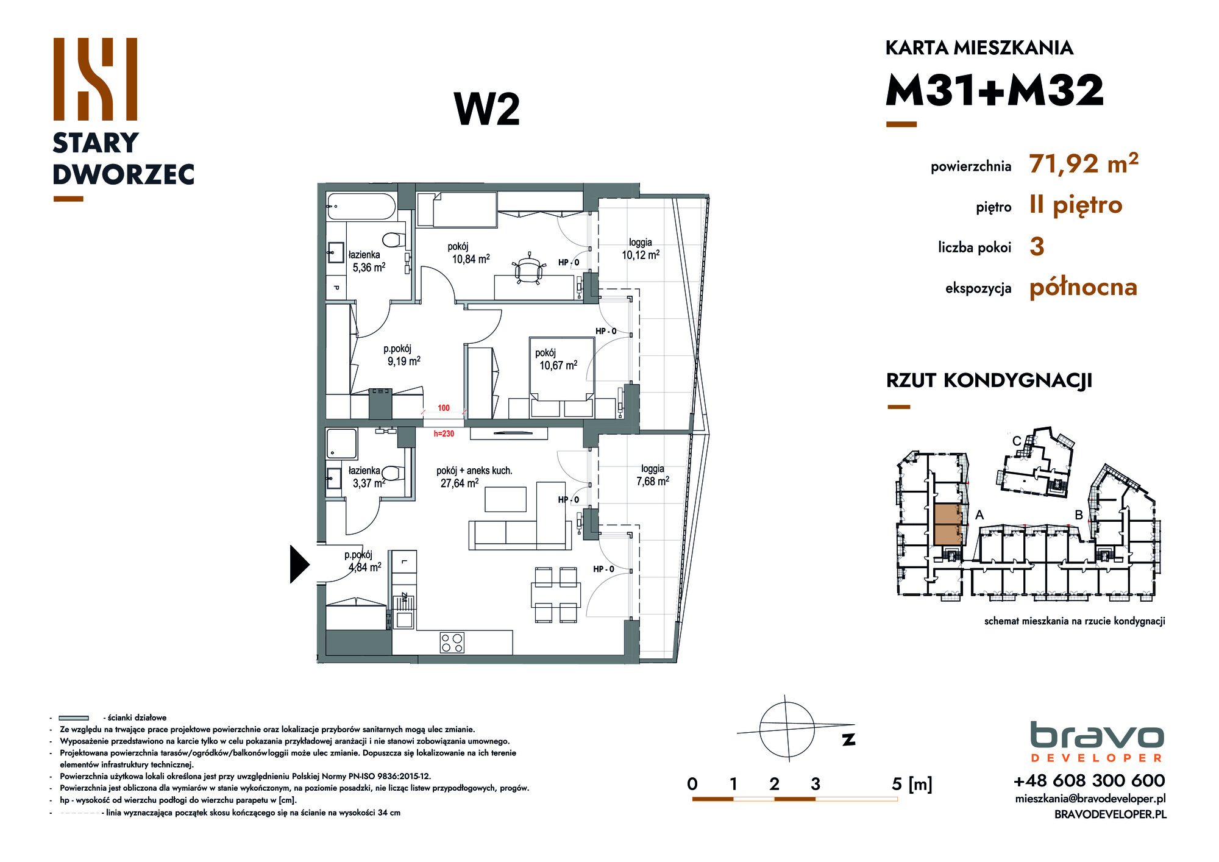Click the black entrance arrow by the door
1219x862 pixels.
(298, 564)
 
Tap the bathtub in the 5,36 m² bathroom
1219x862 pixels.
(361, 206)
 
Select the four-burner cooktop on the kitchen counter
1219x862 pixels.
(452, 643)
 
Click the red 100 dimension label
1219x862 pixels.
(444, 408)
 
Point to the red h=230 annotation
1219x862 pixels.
(444, 434)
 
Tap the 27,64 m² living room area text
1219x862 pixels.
(460, 483)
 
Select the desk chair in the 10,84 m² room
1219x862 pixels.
(528, 269)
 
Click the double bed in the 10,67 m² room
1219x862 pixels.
(561, 377)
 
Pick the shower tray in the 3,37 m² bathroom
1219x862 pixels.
(341, 443)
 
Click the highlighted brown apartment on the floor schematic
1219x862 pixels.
(948, 524)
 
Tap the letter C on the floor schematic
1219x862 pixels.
(1016, 441)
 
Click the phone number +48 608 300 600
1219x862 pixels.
(1089, 780)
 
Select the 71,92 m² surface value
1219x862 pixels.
(1084, 163)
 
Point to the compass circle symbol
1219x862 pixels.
(787, 729)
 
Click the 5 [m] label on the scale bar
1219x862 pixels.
(912, 784)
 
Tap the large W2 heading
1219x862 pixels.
(487, 110)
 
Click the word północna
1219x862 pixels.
(1083, 288)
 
